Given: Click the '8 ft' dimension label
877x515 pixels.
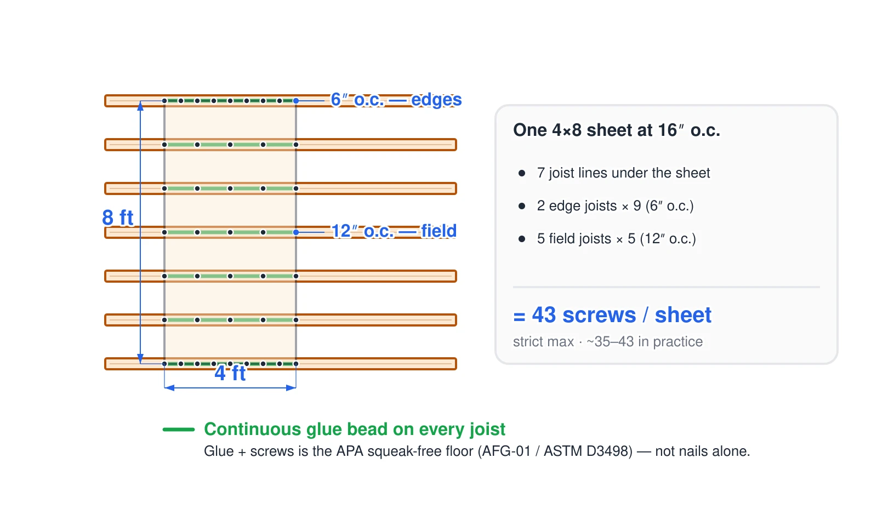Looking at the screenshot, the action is tap(117, 218).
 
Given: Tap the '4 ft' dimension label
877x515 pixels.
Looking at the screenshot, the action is tap(230, 373).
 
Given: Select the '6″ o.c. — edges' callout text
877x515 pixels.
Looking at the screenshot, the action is tap(396, 100).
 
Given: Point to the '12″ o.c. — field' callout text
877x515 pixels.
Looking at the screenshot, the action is tap(394, 231).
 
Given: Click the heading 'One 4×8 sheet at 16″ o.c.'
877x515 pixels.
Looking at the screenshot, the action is tap(617, 130).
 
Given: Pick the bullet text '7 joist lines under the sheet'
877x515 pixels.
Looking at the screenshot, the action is tap(623, 173).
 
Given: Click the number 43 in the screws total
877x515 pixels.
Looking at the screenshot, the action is tap(543, 314).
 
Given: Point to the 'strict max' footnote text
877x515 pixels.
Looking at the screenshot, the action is tap(543, 342).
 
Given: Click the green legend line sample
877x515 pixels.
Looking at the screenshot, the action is tap(179, 430).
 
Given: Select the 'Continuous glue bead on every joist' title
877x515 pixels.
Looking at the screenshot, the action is tap(355, 430).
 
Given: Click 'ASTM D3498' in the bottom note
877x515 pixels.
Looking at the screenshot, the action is tap(588, 451).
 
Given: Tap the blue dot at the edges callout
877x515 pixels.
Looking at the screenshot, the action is tap(296, 101).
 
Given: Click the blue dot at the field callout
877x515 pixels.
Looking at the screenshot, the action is tap(296, 232).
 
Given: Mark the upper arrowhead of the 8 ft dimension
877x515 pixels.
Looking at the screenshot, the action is tap(140, 106).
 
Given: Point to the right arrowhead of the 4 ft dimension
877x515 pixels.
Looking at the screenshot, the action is tap(291, 388).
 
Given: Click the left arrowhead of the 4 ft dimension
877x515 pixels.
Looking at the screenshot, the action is tap(169, 388).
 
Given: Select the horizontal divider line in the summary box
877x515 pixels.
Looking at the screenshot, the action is tap(667, 287).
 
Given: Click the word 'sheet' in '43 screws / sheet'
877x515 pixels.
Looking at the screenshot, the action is tap(683, 314).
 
